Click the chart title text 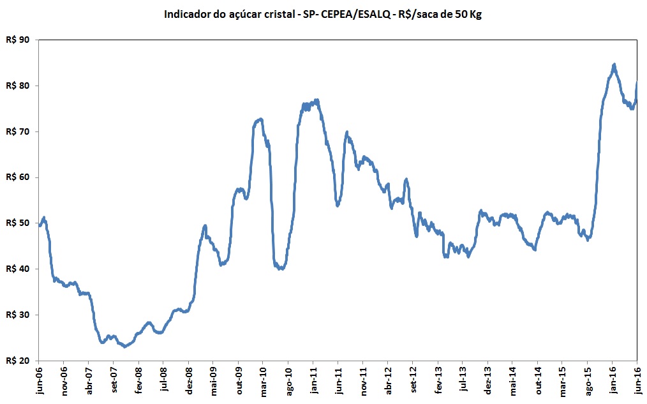323,14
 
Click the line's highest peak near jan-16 614,64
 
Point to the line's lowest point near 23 125,347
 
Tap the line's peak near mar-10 260,119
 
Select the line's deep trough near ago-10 281,269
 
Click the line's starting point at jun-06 40,225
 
